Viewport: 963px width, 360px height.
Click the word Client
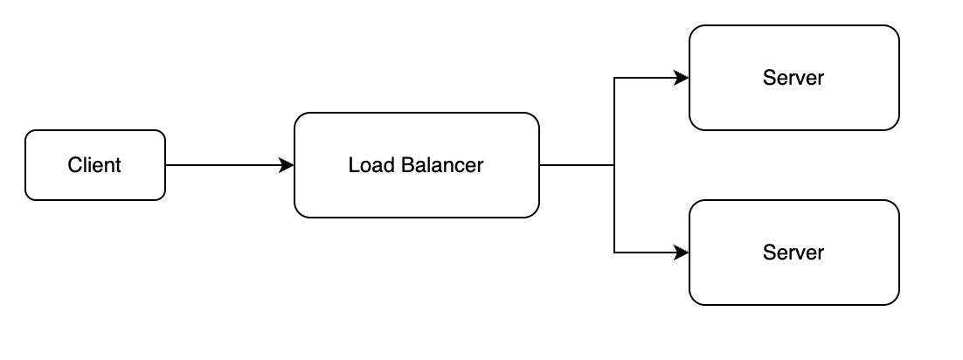tap(94, 165)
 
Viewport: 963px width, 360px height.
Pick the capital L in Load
tap(353, 165)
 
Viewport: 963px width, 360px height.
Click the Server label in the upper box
tap(793, 78)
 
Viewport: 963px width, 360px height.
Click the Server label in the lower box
tap(793, 253)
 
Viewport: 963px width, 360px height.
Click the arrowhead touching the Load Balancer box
tap(287, 165)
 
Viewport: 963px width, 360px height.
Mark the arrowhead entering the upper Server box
tap(682, 78)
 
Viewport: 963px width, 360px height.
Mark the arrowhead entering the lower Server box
tap(682, 253)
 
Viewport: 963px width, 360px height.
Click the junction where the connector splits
tap(615, 165)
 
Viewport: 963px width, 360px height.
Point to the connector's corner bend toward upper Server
tap(615, 78)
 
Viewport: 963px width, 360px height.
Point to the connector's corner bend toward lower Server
tap(615, 253)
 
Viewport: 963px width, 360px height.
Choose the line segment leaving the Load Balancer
tap(577, 165)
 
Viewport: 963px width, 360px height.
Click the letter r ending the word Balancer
tap(480, 166)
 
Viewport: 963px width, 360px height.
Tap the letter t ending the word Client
tap(118, 165)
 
